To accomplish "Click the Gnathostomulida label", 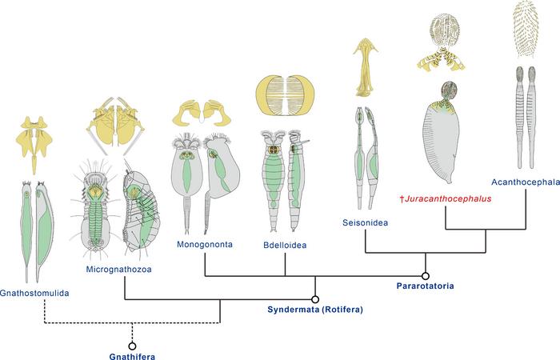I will [x=35, y=293].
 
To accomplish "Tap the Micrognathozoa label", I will [x=118, y=270].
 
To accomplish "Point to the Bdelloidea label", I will [x=285, y=242].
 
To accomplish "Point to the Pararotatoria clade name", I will [x=426, y=285].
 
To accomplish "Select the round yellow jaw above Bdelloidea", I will [x=285, y=95].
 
